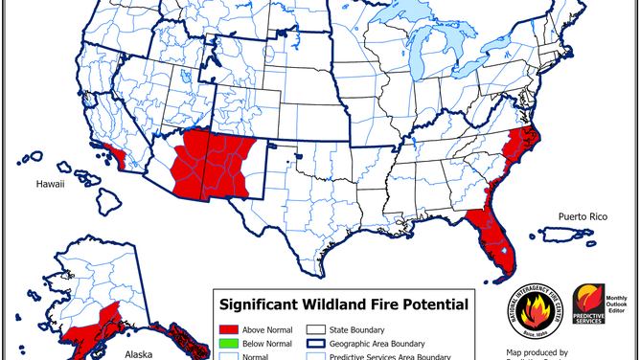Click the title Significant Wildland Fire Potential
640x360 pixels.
[x=345, y=304]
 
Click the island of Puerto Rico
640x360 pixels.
[x=562, y=234]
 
